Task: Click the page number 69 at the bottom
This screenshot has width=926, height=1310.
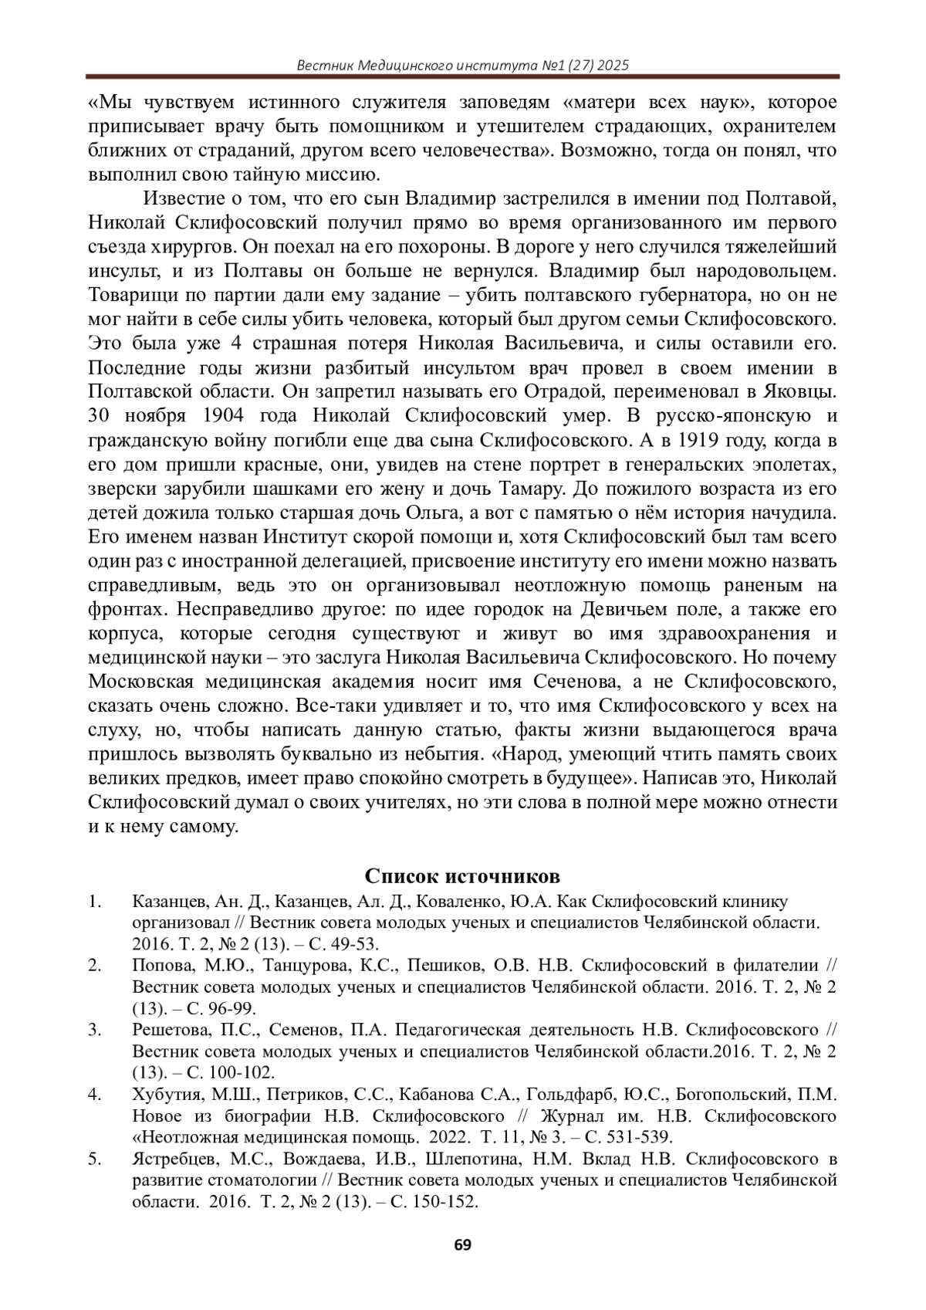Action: tap(462, 1244)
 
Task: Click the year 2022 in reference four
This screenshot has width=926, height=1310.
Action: tap(449, 1136)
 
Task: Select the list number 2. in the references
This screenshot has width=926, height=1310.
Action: tap(95, 966)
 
